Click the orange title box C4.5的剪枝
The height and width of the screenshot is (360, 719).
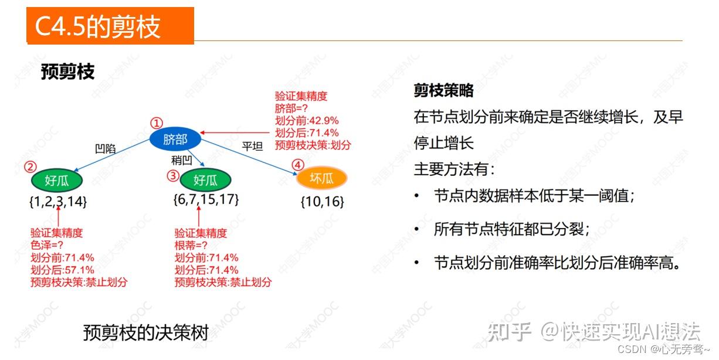pos(110,26)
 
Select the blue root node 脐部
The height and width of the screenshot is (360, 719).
pos(175,140)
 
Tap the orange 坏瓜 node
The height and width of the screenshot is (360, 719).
pos(322,178)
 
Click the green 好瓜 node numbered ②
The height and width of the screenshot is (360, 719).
pos(57,181)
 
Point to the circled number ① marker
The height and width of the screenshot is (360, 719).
pos(156,123)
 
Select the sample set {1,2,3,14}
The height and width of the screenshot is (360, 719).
pos(58,202)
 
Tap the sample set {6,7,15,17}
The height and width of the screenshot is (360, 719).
pos(206,199)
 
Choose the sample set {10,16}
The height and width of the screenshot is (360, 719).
pos(322,202)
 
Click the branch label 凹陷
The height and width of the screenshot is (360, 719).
pos(105,149)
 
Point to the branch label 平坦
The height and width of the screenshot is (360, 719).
pos(253,145)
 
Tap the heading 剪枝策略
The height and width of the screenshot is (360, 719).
pos(443,90)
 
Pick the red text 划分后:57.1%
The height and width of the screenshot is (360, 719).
pos(62,270)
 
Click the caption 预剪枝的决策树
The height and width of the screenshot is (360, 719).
pos(146,333)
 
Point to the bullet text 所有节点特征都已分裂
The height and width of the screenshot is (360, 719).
pos(511,229)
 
